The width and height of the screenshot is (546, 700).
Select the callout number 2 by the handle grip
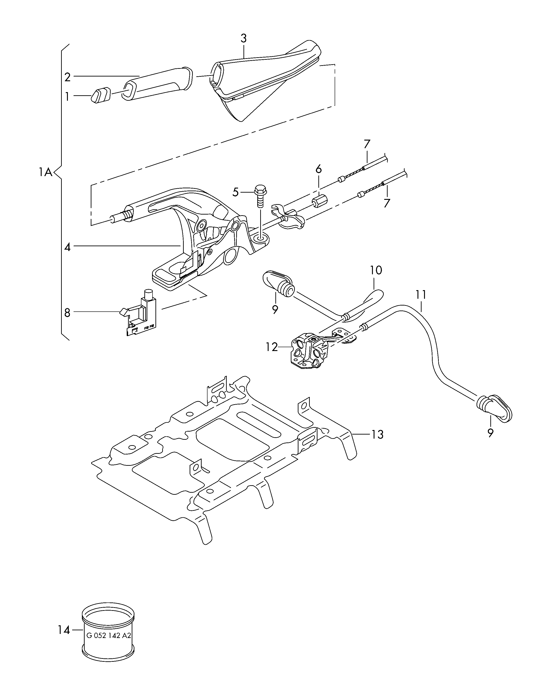coord(67,77)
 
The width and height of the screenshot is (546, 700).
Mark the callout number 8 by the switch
coord(67,313)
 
